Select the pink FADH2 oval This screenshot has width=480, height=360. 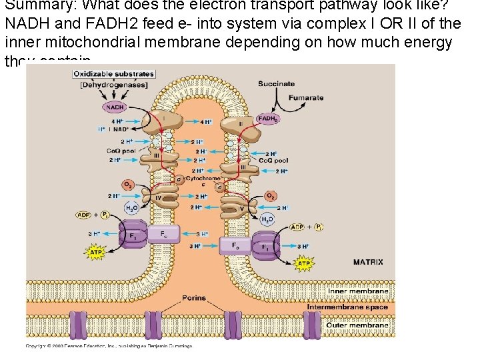pos(268,119)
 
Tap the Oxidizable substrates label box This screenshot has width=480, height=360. pos(113,74)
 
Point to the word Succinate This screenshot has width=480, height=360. pos(276,84)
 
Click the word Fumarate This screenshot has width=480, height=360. pos(306,98)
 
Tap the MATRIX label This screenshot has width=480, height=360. pos(368,262)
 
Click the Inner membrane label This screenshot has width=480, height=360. pos(358,291)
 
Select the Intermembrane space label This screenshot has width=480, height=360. pos(347,307)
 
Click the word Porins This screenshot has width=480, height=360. pos(194,298)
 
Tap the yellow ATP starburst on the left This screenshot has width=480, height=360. pos(97,252)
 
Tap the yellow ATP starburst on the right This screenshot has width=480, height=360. pos(303,263)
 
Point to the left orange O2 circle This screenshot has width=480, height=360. pos(127,184)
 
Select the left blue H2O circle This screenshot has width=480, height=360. pos(132,208)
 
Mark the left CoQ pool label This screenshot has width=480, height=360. pos(121,151)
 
